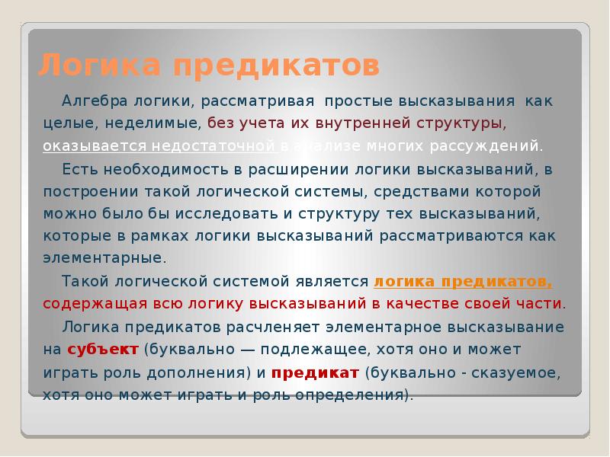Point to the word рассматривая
(x=265, y=101)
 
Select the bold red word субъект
(x=103, y=350)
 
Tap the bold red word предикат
(x=315, y=373)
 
